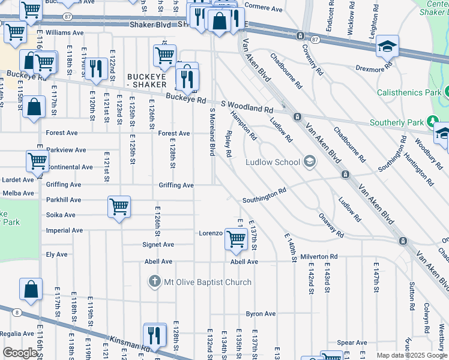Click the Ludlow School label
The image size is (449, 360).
(273, 162)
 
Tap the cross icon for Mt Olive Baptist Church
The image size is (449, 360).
(154, 281)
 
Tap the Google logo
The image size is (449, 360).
(20, 353)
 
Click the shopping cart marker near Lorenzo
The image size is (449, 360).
(236, 239)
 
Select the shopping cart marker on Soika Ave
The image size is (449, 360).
(119, 207)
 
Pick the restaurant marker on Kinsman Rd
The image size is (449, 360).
(155, 334)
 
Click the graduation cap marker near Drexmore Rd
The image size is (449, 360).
(387, 47)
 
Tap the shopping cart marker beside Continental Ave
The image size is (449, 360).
(37, 161)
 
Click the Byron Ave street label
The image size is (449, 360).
(261, 314)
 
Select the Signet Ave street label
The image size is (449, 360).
(158, 245)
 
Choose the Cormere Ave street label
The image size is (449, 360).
(264, 9)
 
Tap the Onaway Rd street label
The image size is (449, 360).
(331, 226)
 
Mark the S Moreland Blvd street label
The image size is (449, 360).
(212, 132)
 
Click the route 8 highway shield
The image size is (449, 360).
(17, 312)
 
